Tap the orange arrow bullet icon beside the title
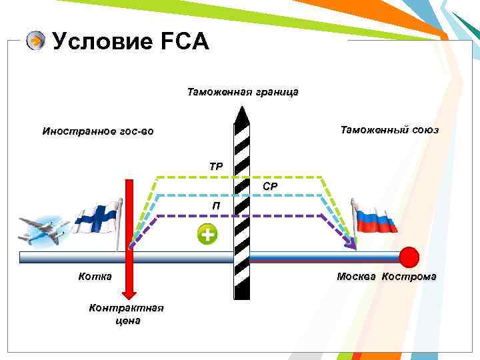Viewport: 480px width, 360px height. [35, 41]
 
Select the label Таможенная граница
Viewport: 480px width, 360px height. [243, 92]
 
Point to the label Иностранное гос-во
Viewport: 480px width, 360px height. [97, 131]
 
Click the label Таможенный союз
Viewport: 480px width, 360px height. [389, 130]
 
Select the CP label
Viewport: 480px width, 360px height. [270, 187]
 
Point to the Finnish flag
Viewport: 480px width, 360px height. [97, 216]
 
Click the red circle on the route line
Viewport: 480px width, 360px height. [409, 257]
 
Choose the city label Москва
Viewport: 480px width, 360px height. [357, 277]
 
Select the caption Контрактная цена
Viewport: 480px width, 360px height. [127, 314]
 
